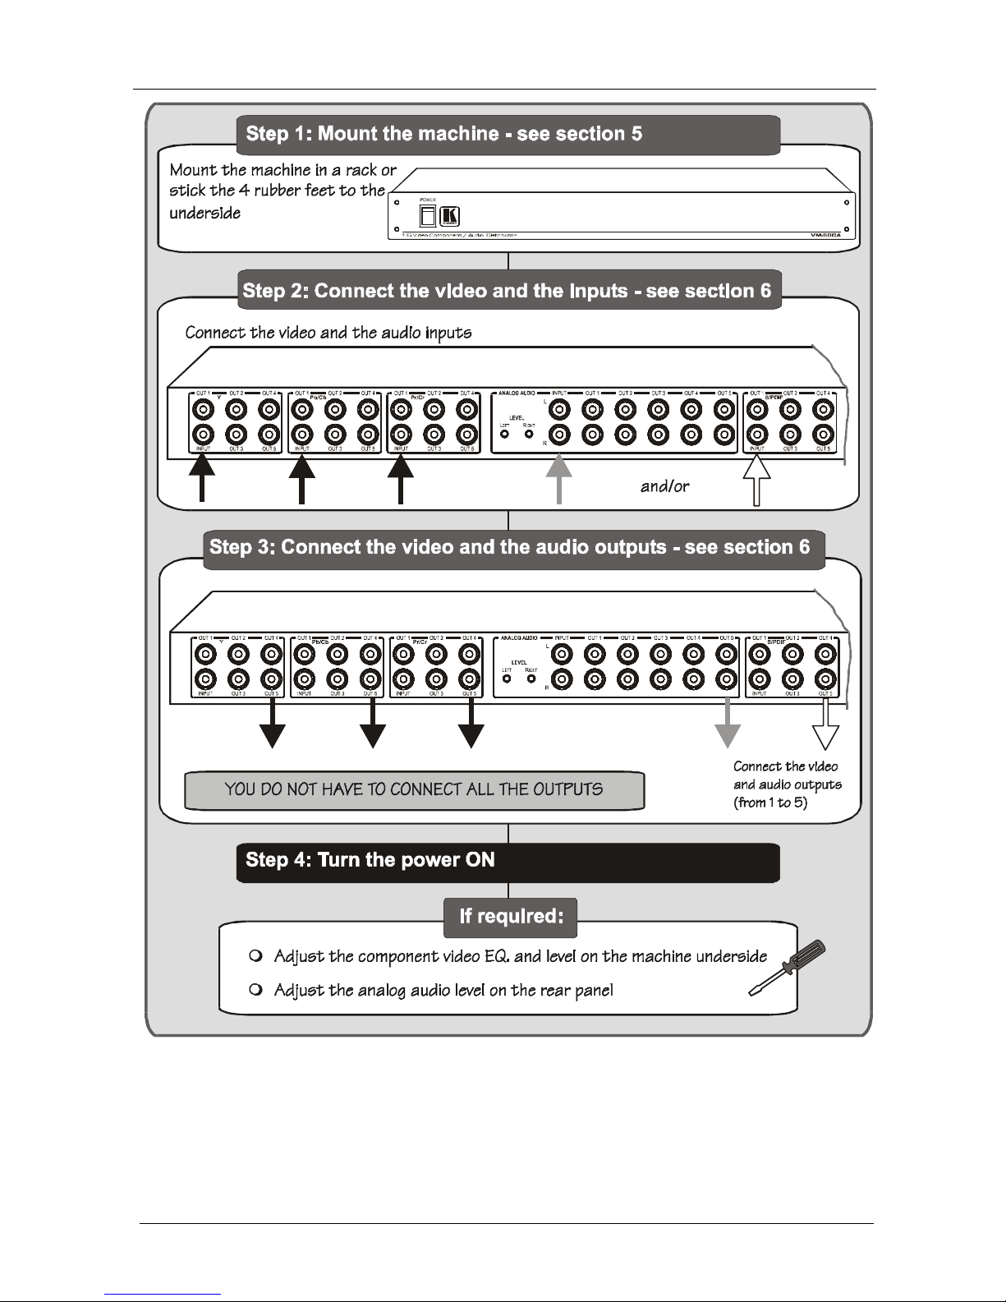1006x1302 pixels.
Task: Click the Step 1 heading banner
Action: [508, 135]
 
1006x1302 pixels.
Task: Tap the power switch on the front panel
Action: [427, 216]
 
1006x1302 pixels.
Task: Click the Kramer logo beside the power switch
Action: [451, 216]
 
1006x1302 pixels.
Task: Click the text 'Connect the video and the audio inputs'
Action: [328, 333]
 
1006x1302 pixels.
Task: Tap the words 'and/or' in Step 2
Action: [664, 486]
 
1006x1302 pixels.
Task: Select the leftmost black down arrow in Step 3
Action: [272, 725]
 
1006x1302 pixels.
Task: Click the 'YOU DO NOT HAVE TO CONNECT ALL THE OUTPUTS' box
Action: [414, 790]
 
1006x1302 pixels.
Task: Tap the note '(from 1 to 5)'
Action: [769, 803]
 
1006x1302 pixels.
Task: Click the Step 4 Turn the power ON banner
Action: [508, 862]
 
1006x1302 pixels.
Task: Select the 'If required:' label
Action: [510, 917]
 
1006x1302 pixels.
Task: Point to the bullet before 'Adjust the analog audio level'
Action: [255, 991]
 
